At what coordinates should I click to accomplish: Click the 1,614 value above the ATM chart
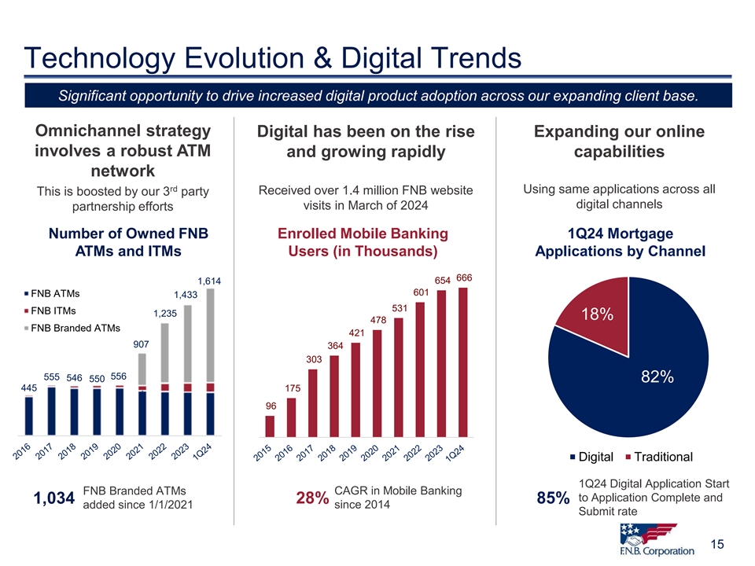click(x=209, y=281)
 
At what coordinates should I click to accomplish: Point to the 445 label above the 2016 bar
click(x=29, y=388)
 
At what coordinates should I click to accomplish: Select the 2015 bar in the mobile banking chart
click(x=270, y=425)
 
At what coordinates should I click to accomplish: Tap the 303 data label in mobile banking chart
click(x=313, y=359)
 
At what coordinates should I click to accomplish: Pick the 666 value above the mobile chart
click(x=464, y=277)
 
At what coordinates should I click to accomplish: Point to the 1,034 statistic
click(x=54, y=498)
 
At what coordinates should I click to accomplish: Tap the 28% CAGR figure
click(x=312, y=498)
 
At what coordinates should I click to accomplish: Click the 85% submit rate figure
click(x=552, y=498)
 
